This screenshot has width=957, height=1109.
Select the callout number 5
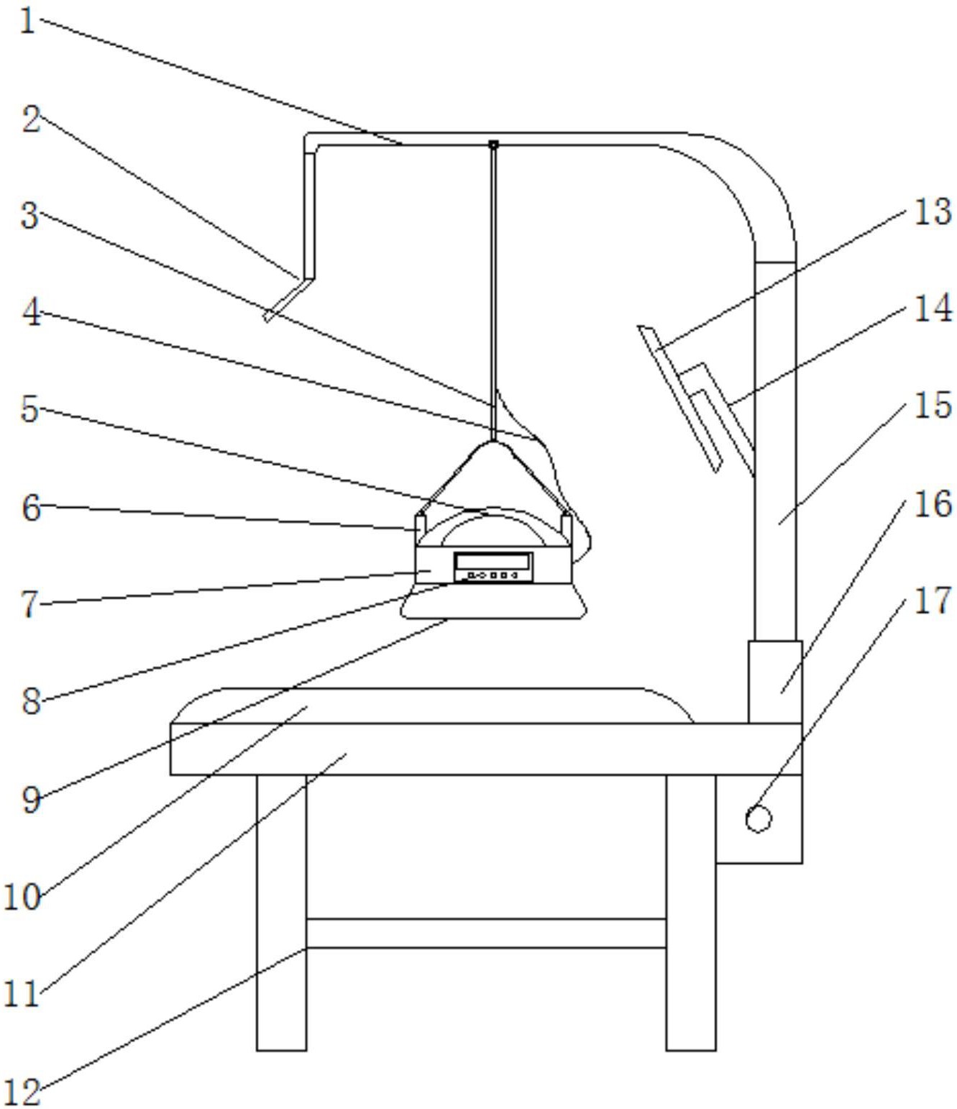(x=30, y=409)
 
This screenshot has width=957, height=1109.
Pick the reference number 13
(x=933, y=211)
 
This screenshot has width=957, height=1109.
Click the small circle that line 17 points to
(x=759, y=819)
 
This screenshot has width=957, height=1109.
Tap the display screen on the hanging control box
(x=493, y=561)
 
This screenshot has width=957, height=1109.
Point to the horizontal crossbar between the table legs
(x=487, y=933)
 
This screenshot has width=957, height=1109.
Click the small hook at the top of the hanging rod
(x=493, y=145)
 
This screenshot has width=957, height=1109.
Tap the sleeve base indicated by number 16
(x=775, y=681)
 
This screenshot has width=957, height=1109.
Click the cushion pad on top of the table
(x=432, y=706)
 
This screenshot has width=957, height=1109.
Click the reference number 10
(x=22, y=897)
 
